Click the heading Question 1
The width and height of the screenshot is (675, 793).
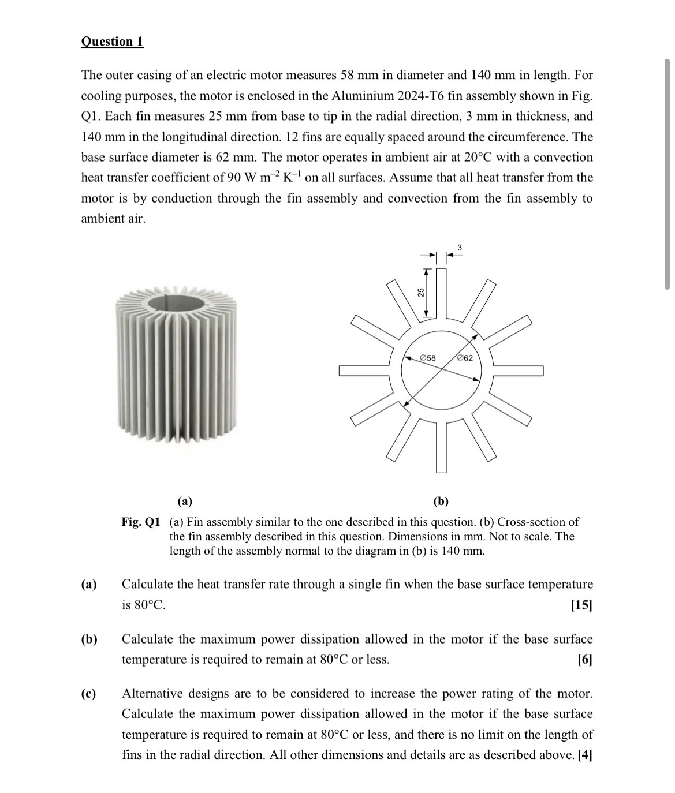click(x=112, y=42)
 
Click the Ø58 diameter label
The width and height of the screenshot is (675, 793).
click(x=428, y=358)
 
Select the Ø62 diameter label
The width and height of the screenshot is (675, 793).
click(x=464, y=358)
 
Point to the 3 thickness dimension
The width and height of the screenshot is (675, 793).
click(x=460, y=248)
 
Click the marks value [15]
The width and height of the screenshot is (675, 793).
click(x=581, y=605)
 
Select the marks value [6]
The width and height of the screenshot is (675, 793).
click(x=584, y=660)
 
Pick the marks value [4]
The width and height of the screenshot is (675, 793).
click(x=585, y=755)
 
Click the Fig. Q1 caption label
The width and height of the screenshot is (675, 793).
click(x=140, y=522)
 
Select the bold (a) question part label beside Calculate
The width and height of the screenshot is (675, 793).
click(x=89, y=584)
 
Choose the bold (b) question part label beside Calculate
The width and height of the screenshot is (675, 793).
click(x=89, y=639)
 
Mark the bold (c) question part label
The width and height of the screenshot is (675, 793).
click(x=89, y=693)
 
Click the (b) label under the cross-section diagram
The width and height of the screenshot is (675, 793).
click(x=441, y=500)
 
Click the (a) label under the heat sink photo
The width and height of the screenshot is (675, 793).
click(x=185, y=500)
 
